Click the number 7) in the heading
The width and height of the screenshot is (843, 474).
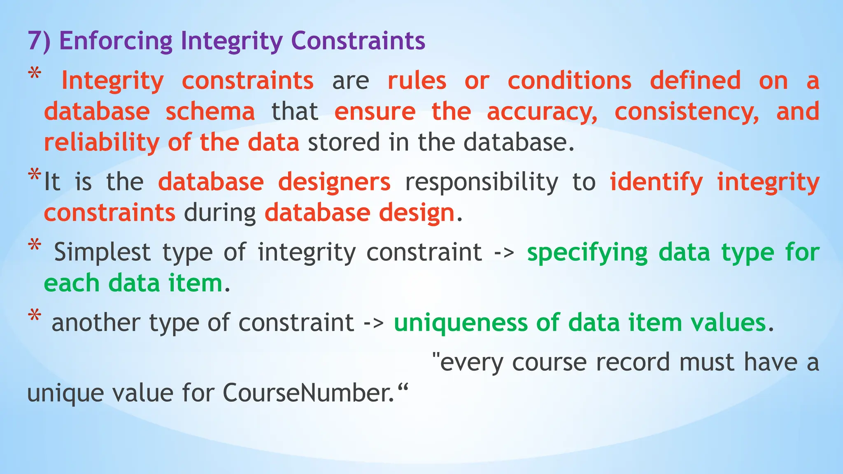(39, 41)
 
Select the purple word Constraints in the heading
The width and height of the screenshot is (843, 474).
(358, 41)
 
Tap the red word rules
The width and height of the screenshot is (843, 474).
(417, 81)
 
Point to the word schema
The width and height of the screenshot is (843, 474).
(210, 112)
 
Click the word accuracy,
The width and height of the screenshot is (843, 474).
(542, 112)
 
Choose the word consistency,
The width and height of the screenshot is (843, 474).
(687, 112)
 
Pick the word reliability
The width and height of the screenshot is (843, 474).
(101, 143)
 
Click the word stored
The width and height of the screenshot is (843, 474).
(343, 143)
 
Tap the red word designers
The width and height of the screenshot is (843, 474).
(334, 182)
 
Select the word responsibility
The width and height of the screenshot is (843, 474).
(482, 182)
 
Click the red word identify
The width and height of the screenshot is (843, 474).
(656, 182)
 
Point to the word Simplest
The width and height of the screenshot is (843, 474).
(102, 252)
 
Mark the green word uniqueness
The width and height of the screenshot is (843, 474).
(460, 323)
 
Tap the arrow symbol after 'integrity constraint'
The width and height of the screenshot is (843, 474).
(504, 252)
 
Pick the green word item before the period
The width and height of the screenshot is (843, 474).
(195, 283)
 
